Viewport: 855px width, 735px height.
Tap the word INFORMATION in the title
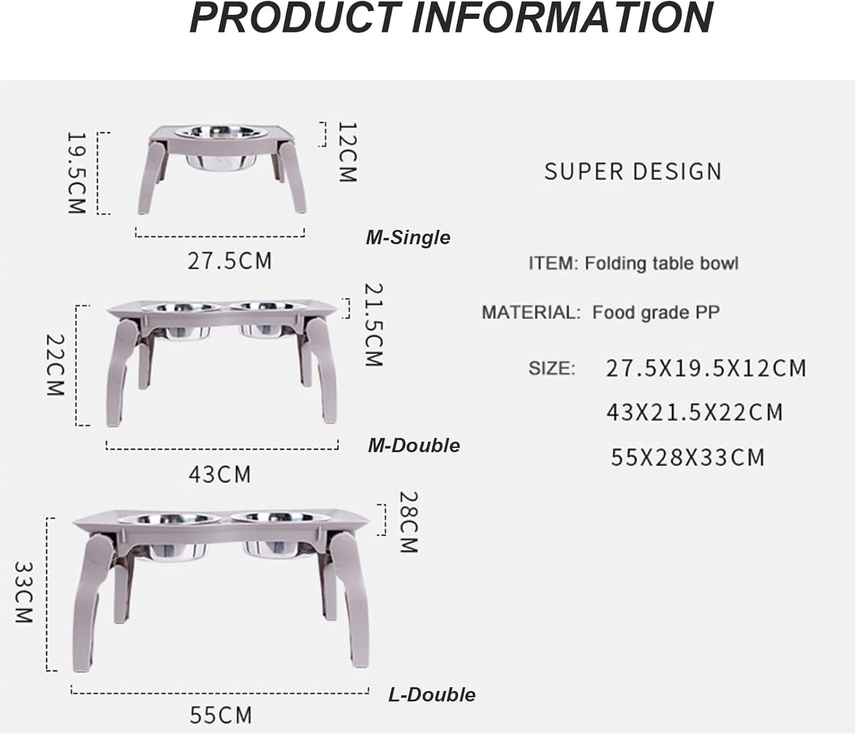coord(563,18)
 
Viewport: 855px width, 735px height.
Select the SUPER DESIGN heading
coord(633,171)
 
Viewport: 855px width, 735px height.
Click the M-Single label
coord(408,237)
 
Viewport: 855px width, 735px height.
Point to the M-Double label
coord(414,445)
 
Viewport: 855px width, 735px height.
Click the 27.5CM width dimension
coord(230,261)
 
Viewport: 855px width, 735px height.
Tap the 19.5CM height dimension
coord(77,173)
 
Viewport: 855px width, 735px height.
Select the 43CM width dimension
coord(220,474)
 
